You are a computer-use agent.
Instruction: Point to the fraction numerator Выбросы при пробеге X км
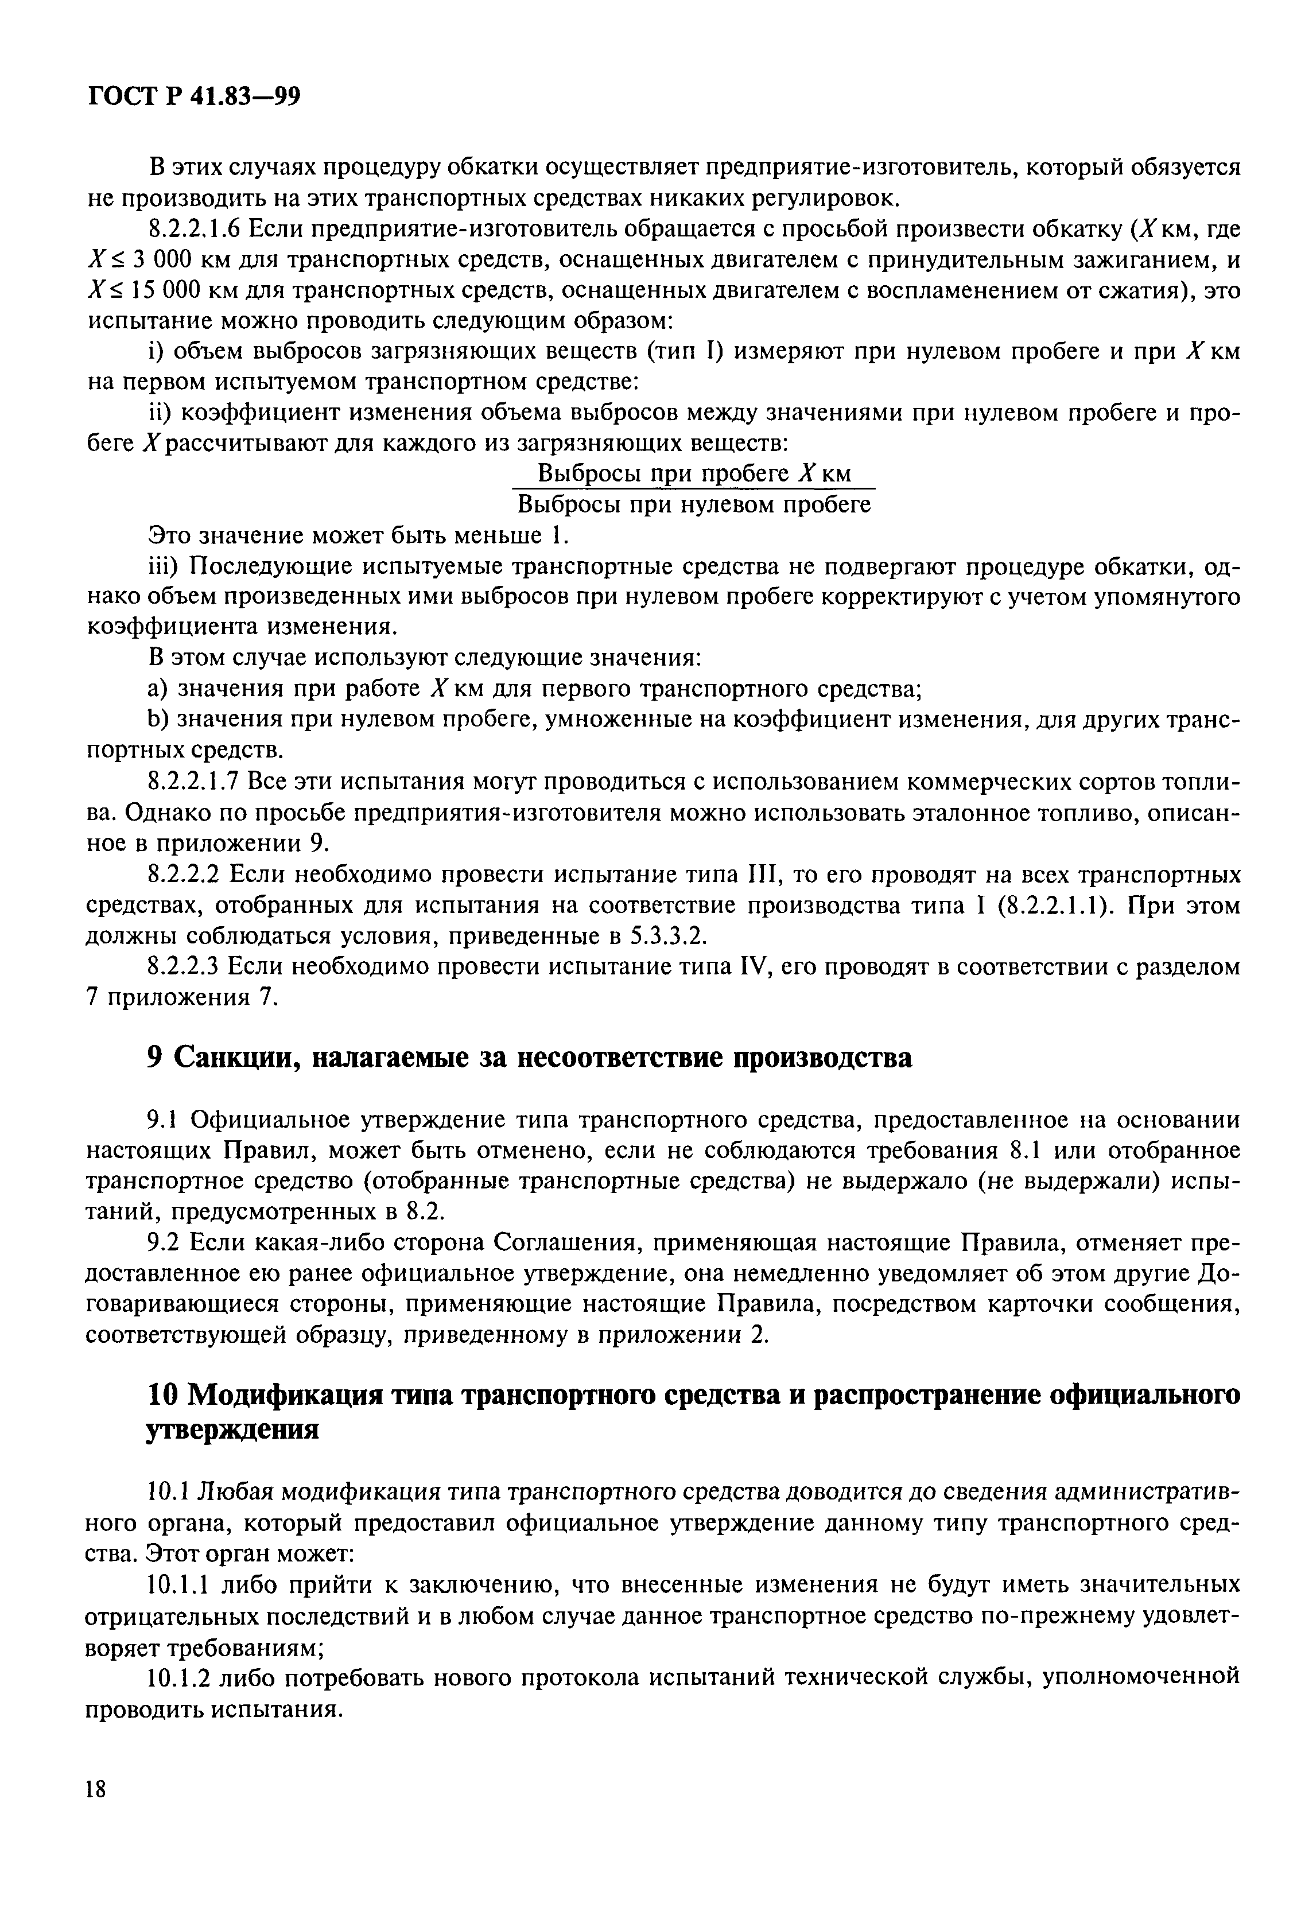(x=693, y=473)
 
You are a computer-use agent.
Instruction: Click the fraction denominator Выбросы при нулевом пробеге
(x=693, y=504)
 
